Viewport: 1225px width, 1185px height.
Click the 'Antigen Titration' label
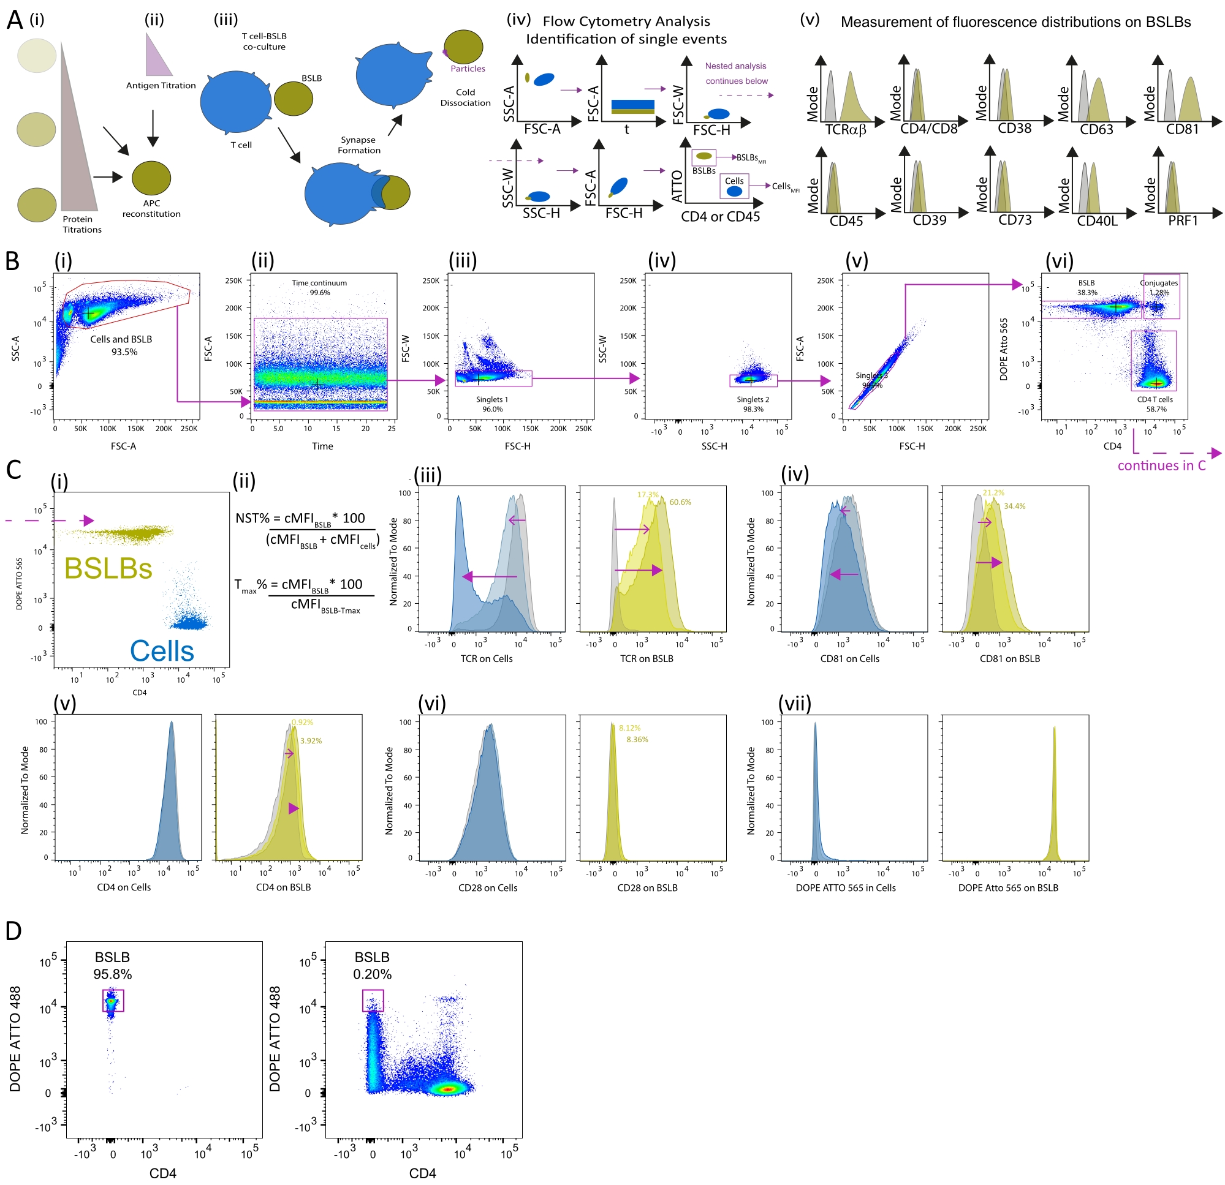pyautogui.click(x=161, y=86)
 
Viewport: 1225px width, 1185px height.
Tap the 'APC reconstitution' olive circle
pyautogui.click(x=151, y=178)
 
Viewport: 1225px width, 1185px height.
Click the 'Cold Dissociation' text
pyautogui.click(x=465, y=97)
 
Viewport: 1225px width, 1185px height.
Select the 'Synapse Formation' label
pyautogui.click(x=358, y=145)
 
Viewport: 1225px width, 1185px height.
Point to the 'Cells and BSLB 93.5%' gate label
pyautogui.click(x=121, y=345)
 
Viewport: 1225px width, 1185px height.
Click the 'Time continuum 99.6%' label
pyautogui.click(x=319, y=288)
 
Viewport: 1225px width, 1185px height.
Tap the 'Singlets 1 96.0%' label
pyautogui.click(x=492, y=404)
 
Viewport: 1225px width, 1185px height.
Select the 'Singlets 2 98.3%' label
pyautogui.click(x=753, y=404)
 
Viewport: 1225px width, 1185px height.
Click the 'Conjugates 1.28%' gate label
pyautogui.click(x=1159, y=288)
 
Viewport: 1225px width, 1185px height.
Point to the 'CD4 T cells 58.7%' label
pyautogui.click(x=1155, y=404)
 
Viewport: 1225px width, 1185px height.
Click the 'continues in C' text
pyautogui.click(x=1161, y=465)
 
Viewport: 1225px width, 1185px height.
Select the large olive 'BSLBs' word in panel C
pyautogui.click(x=108, y=568)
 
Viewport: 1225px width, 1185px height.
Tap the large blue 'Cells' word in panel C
pyautogui.click(x=162, y=651)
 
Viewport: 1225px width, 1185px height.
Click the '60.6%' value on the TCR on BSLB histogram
pyautogui.click(x=680, y=502)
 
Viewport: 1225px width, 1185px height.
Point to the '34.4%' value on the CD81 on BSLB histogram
pyautogui.click(x=1014, y=506)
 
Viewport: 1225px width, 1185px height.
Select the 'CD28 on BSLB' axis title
pyautogui.click(x=647, y=887)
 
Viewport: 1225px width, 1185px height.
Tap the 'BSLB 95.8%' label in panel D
pyautogui.click(x=113, y=966)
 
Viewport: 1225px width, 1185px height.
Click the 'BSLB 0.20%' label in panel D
pyautogui.click(x=372, y=966)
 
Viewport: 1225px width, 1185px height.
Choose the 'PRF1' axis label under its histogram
pyautogui.click(x=1183, y=220)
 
